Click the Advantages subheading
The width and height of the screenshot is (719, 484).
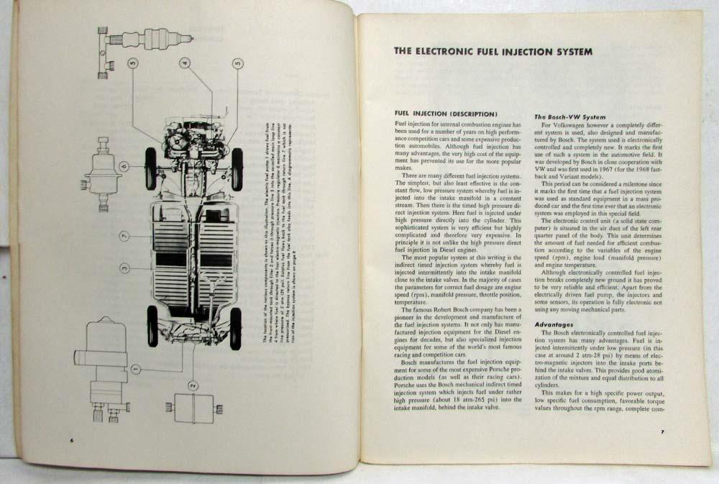click(555, 324)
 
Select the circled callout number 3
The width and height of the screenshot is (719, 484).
click(124, 268)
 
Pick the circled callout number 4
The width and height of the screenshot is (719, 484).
click(184, 63)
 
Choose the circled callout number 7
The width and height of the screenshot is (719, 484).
click(124, 236)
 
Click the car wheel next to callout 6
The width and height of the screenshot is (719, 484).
click(150, 168)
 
